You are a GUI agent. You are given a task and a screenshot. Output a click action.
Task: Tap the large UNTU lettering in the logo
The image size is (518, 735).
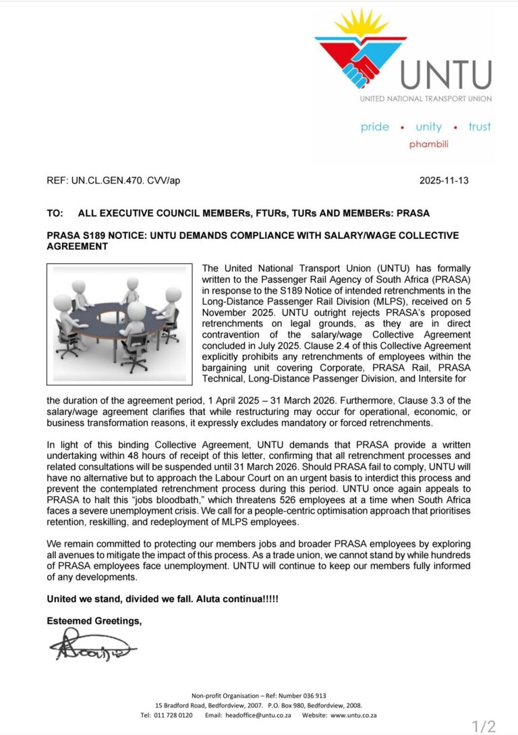(x=446, y=75)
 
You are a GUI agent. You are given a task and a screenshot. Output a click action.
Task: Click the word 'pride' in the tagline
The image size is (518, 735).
(x=374, y=127)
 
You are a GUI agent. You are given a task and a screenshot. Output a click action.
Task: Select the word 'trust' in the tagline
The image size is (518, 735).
(x=480, y=127)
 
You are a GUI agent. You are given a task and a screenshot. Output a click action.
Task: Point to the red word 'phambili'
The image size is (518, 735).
(x=428, y=144)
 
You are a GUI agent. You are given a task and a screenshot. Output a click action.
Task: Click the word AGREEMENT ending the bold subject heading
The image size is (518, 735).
(x=77, y=246)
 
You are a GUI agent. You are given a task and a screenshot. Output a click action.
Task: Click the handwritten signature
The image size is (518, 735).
(x=91, y=647)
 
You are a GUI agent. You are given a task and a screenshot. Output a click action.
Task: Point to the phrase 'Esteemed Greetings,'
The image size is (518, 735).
(x=94, y=621)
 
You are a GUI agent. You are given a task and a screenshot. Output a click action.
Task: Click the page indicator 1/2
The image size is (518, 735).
(x=484, y=726)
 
